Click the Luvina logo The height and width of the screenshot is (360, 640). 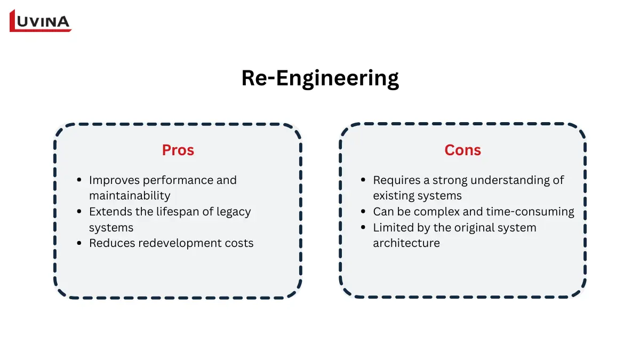click(x=41, y=21)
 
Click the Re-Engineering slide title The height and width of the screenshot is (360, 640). click(x=320, y=78)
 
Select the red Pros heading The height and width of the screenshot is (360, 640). click(x=178, y=150)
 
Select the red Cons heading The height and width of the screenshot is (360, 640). click(x=462, y=150)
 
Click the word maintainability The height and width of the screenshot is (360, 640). click(x=130, y=196)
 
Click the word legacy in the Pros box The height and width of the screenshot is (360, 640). click(x=234, y=212)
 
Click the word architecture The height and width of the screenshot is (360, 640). click(x=406, y=243)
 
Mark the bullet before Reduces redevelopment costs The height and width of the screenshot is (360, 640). click(x=79, y=244)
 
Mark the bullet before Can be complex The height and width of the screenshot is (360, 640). click(x=364, y=212)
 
